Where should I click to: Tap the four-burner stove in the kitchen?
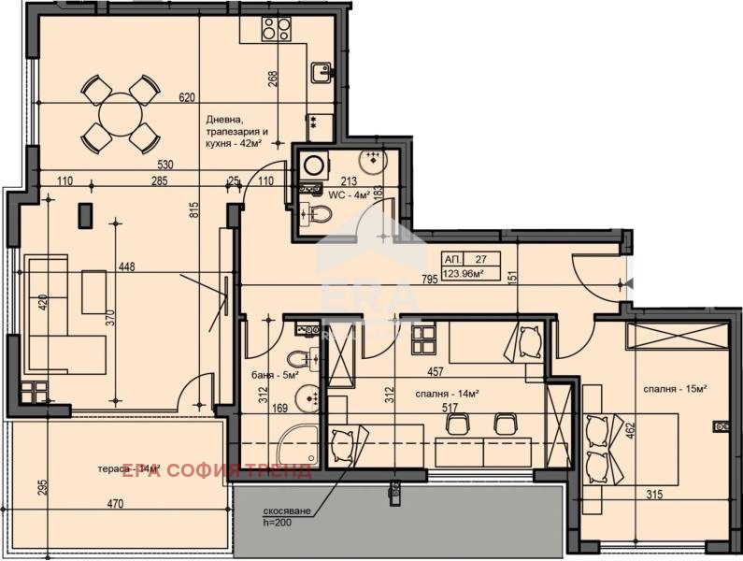[274, 30]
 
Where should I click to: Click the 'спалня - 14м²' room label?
[449, 394]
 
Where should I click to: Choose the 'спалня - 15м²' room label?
[674, 388]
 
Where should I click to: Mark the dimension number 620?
[187, 97]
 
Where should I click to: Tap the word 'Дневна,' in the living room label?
[227, 120]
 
